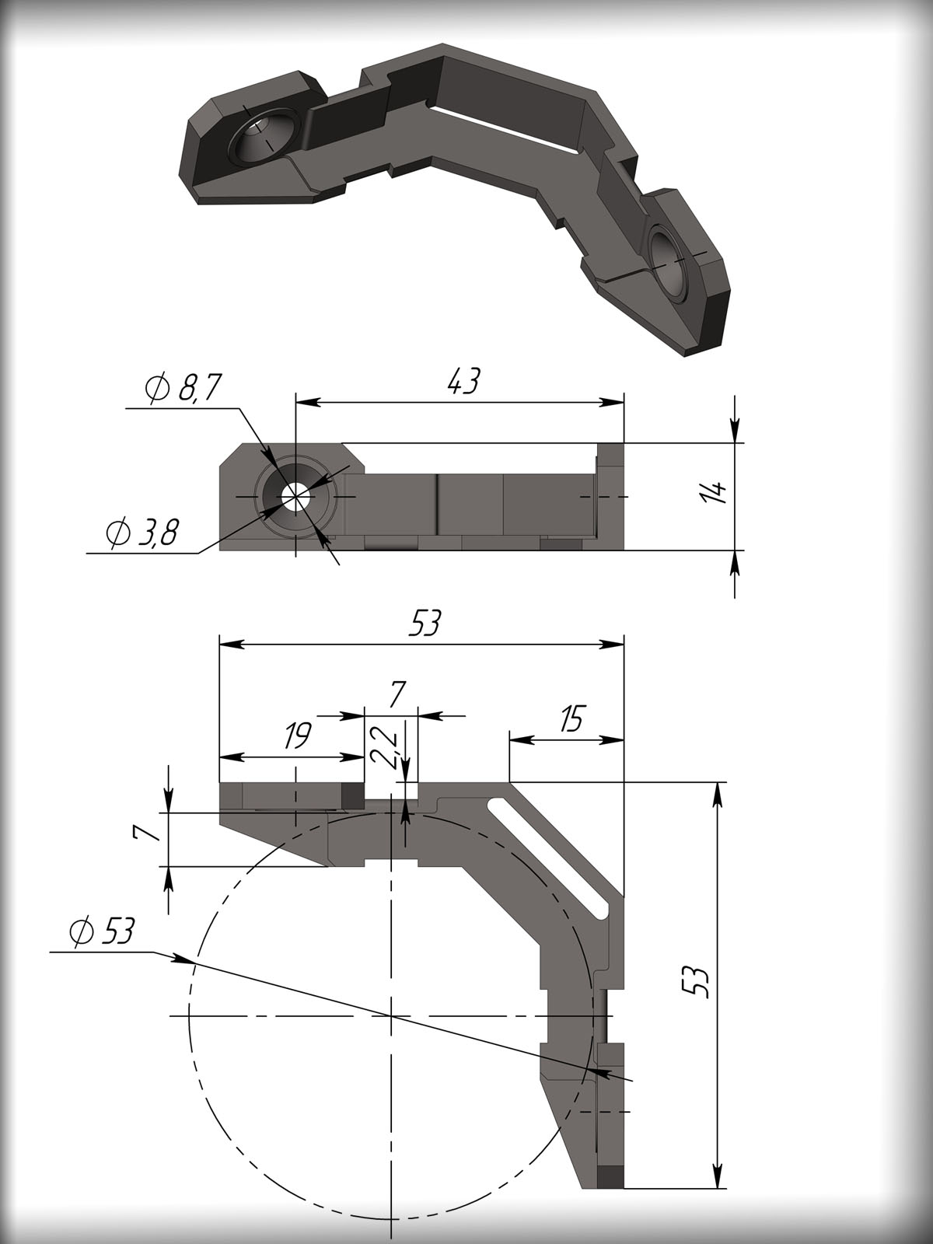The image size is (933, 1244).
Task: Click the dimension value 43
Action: click(463, 383)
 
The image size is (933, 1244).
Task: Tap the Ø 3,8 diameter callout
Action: click(142, 533)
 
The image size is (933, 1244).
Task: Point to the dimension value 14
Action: click(717, 492)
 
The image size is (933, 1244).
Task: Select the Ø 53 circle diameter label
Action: click(101, 931)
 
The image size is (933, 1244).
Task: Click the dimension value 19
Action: click(295, 736)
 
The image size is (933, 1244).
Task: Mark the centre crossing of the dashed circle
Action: click(391, 1015)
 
